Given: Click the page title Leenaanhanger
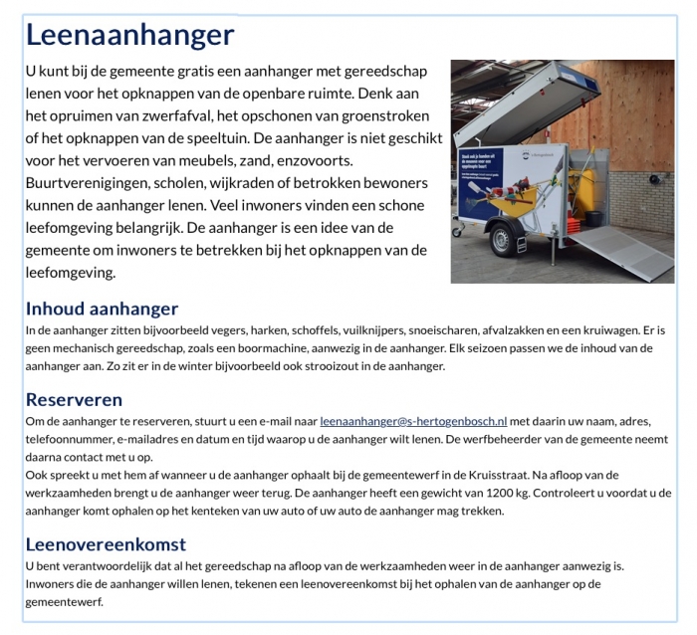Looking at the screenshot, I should pos(129,36).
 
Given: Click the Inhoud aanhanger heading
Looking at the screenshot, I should pos(102,309).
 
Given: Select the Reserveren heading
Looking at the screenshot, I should pos(74,399).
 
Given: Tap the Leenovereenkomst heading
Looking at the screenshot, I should pos(106,544).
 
